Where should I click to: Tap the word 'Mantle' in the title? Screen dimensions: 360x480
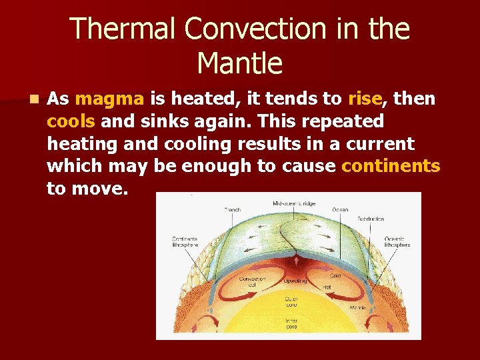click(x=240, y=63)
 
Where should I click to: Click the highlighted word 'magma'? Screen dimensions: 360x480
click(x=110, y=99)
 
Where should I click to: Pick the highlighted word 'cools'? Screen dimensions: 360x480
click(x=71, y=121)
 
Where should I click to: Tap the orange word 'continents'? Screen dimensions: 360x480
click(x=391, y=165)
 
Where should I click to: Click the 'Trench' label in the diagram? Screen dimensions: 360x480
click(x=231, y=209)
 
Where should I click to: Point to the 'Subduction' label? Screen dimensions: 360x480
click(x=371, y=218)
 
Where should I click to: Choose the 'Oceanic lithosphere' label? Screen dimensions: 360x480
click(x=397, y=241)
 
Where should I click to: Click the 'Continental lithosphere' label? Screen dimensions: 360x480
click(x=183, y=241)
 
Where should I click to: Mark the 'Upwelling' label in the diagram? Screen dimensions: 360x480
click(x=295, y=281)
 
